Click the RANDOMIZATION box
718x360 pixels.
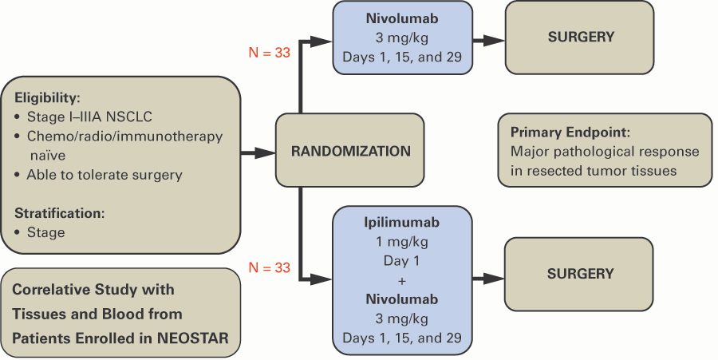click(350, 151)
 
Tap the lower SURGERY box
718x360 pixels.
click(580, 274)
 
